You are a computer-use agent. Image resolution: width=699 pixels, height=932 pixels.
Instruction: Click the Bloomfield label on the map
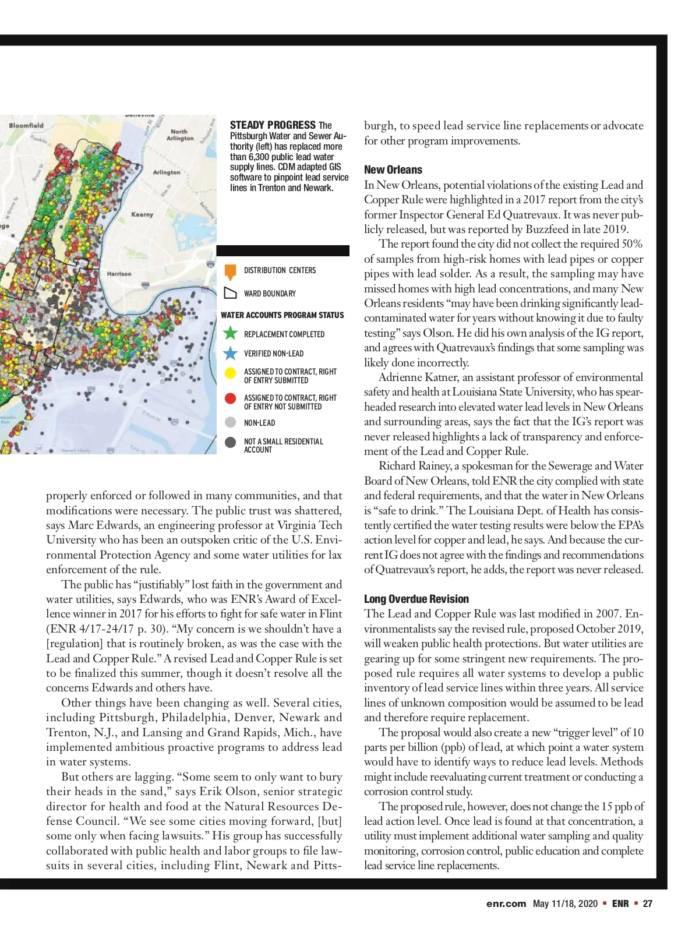(x=26, y=125)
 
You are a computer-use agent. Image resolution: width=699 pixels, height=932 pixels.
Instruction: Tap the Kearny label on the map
(x=142, y=214)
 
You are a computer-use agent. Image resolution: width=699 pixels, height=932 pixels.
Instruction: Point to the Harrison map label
(x=119, y=273)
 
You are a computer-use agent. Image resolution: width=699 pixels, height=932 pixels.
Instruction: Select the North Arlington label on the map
(x=179, y=135)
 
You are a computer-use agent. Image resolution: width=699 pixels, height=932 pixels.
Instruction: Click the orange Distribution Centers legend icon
(x=231, y=271)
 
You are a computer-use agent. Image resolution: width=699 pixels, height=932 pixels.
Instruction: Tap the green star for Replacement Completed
(x=231, y=333)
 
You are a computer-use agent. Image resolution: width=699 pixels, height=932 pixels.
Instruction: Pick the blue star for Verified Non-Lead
(x=231, y=353)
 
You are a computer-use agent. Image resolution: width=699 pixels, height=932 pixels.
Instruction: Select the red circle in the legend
(x=231, y=399)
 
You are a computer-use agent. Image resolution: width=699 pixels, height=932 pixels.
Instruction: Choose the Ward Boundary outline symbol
(x=231, y=293)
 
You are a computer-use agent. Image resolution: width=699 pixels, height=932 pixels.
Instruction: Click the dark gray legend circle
(x=231, y=443)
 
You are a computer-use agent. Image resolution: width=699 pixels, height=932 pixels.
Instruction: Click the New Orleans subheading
(x=393, y=170)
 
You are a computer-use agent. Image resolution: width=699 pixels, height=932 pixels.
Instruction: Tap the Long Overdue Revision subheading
(x=416, y=599)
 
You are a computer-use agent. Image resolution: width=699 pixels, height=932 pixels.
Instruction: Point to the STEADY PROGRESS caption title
(x=273, y=125)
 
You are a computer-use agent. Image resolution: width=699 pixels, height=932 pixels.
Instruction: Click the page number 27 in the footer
(x=648, y=903)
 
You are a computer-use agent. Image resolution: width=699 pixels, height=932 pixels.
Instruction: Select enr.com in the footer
(x=506, y=903)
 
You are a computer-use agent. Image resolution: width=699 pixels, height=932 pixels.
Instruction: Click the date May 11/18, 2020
(x=565, y=903)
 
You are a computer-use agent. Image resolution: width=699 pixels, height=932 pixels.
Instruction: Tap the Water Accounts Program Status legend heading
(x=283, y=315)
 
